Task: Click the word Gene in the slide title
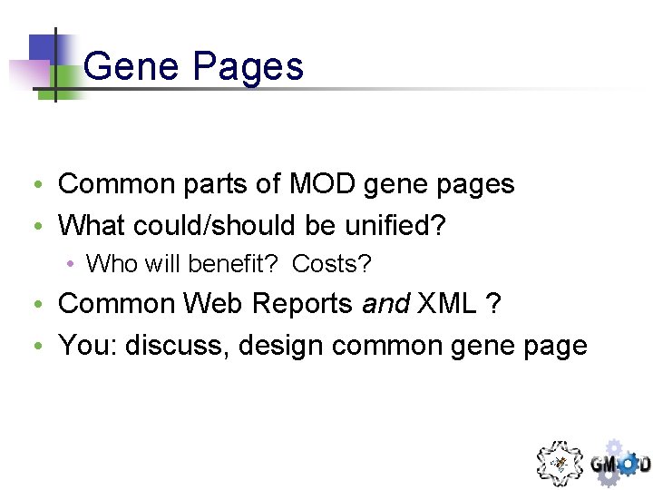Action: [126, 67]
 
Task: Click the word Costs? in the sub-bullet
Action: [332, 264]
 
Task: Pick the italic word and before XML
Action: [385, 304]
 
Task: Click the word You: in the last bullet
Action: [88, 345]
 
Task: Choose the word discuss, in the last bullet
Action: [177, 345]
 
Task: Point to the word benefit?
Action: [235, 264]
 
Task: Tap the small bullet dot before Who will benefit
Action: [71, 265]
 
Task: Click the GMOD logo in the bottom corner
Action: [620, 463]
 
